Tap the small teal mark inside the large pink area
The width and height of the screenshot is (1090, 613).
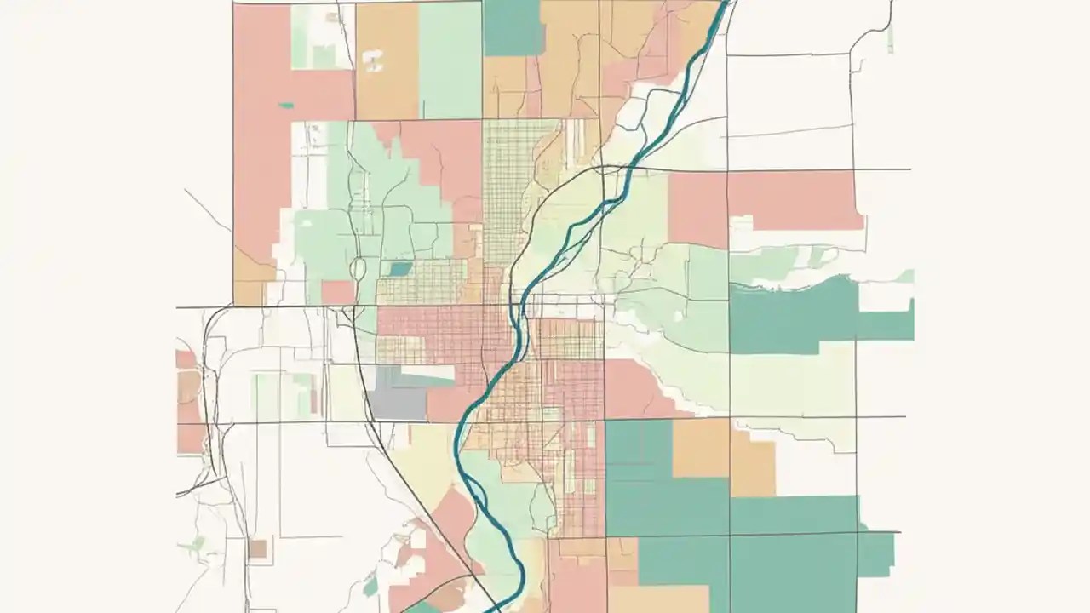tap(286, 106)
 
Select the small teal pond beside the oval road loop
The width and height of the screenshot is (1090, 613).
tap(399, 269)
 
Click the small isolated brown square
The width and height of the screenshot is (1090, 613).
tap(257, 548)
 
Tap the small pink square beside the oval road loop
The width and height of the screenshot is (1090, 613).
tap(337, 292)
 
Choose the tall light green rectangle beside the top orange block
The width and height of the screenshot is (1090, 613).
tap(450, 60)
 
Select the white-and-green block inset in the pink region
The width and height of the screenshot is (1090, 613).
tap(322, 37)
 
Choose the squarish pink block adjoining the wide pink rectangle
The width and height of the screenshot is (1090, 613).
tap(697, 209)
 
